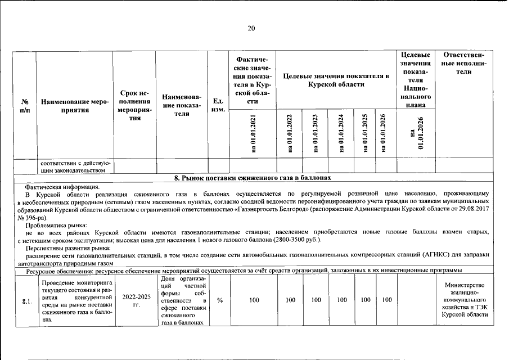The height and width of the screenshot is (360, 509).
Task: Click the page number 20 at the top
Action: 251,29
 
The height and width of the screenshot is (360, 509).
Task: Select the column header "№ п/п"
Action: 25,106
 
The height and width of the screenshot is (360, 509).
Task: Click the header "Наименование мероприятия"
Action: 74,106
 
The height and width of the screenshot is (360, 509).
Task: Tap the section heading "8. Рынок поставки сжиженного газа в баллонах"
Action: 250,178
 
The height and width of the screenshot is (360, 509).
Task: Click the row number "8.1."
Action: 26,301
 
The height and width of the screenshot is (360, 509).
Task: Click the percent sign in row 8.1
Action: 220,300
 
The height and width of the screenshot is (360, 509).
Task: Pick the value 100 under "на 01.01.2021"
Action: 254,300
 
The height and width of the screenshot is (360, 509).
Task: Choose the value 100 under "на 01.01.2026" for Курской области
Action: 386,300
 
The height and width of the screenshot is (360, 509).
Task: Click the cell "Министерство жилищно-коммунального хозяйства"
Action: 464,300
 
